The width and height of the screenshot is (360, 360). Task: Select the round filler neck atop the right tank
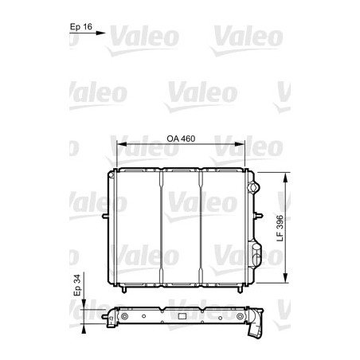(254, 189)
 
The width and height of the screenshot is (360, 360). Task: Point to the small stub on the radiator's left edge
(105, 216)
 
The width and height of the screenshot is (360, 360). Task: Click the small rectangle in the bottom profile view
(182, 317)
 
